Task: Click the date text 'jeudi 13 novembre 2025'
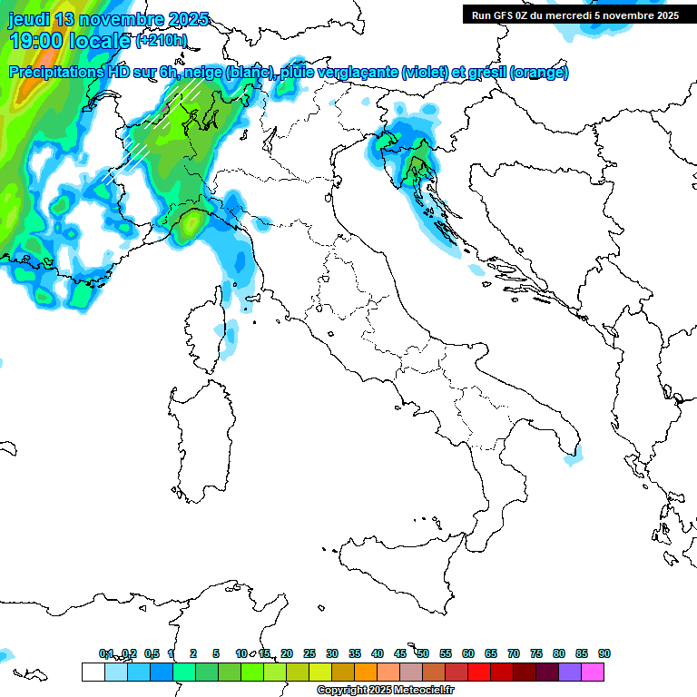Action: pos(109,19)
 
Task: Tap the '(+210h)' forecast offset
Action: pos(162,41)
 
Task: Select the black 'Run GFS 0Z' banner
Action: pos(575,15)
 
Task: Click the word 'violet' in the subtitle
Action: pos(424,73)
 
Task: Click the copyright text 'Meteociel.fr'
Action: pos(425,691)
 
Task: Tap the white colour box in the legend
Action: pos(93,672)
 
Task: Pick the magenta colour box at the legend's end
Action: pos(593,672)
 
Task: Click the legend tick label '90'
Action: pos(604,653)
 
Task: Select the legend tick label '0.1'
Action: pos(106,653)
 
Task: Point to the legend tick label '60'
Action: pos(468,653)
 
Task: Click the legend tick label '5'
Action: pos(216,653)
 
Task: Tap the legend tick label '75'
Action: pos(536,653)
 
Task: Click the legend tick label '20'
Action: pos(287,653)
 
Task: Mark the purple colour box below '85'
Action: pos(570,672)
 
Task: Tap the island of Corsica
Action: pos(204,331)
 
